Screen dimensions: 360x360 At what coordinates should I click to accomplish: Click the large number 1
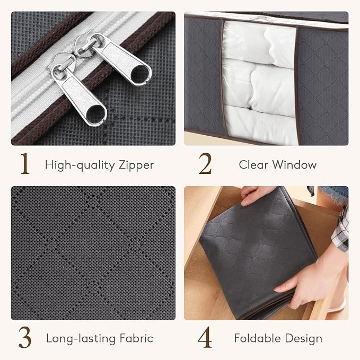coord(25,163)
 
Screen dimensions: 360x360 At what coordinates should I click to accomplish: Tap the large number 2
coord(205,163)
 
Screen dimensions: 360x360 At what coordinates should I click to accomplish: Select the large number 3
coord(25,337)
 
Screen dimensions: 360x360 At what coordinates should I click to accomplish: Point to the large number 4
coord(205,337)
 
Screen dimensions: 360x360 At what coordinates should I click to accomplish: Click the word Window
coord(295,164)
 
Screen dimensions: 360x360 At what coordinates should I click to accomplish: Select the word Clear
coord(253,164)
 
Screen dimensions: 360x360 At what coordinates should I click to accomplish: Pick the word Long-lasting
coord(81,339)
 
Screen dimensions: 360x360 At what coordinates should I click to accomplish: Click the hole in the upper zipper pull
coord(141,74)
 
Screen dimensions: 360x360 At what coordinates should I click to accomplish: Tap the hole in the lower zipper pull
coord(96,113)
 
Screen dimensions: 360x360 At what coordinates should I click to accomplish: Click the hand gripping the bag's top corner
coord(255,195)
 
